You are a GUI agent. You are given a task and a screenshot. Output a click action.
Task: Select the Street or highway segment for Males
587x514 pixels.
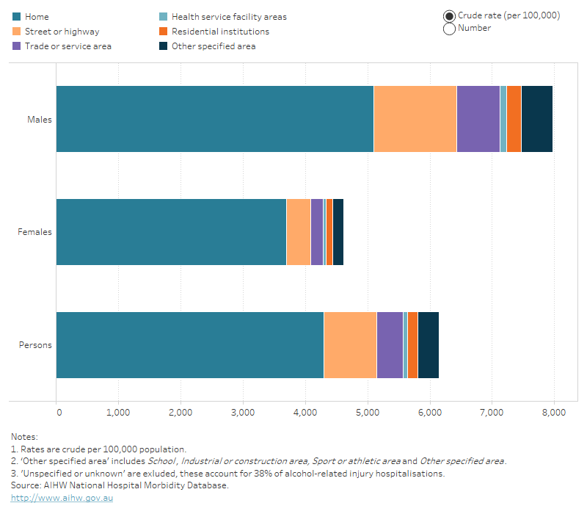pyautogui.click(x=415, y=119)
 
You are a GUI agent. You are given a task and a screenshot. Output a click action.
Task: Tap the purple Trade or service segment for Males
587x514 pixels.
pyautogui.click(x=478, y=119)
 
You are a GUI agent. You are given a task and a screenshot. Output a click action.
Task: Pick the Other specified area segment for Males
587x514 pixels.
pyautogui.click(x=536, y=119)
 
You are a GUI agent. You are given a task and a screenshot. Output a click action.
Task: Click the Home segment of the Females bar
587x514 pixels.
pyautogui.click(x=171, y=231)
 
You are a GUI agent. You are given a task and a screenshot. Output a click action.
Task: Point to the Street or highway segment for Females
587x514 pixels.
pyautogui.click(x=298, y=231)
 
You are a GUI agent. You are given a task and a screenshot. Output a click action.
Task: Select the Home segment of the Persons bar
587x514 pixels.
pyautogui.click(x=190, y=344)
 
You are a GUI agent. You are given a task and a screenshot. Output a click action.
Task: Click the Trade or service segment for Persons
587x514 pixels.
pyautogui.click(x=390, y=344)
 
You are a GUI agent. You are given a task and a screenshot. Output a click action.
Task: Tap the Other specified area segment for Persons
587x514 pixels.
pyautogui.click(x=428, y=344)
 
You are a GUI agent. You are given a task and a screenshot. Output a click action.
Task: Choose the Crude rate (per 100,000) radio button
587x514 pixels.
pyautogui.click(x=449, y=15)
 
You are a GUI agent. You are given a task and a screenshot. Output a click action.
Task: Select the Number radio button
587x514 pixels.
pyautogui.click(x=449, y=29)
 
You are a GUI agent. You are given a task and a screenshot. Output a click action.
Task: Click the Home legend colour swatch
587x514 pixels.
pyautogui.click(x=16, y=16)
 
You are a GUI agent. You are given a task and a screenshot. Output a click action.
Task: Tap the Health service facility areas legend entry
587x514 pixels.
pyautogui.click(x=229, y=16)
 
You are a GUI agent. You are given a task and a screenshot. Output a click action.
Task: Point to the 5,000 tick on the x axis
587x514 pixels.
pyautogui.click(x=368, y=413)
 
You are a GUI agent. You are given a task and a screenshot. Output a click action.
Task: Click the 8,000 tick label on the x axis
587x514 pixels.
pyautogui.click(x=554, y=413)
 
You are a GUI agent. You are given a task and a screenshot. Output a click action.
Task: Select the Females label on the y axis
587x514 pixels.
pyautogui.click(x=35, y=232)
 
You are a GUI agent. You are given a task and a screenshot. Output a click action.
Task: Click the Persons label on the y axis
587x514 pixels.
pyautogui.click(x=35, y=344)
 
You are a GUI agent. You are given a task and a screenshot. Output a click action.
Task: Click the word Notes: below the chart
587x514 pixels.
pyautogui.click(x=24, y=437)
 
